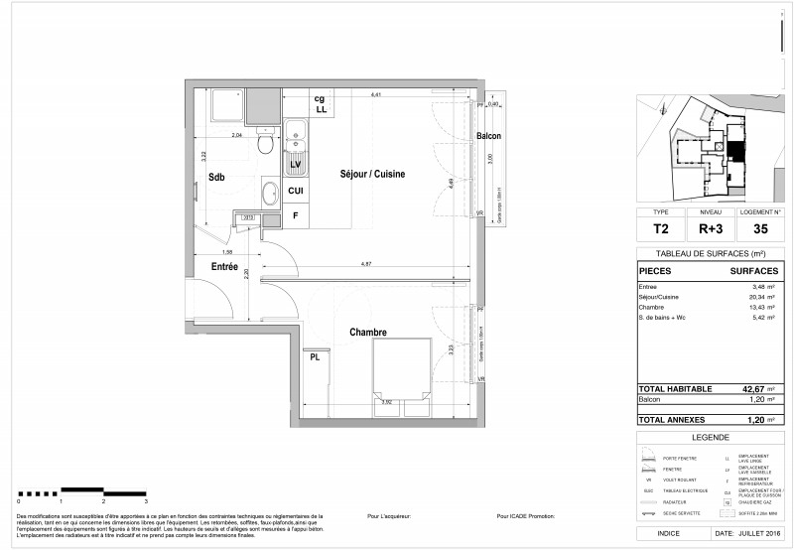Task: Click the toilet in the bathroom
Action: [264, 145]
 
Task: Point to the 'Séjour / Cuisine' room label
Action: [372, 174]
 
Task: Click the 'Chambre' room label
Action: [366, 333]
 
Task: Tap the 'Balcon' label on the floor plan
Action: [488, 135]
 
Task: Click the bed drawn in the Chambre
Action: [401, 367]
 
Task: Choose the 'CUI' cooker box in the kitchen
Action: [295, 191]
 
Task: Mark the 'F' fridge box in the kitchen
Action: [295, 215]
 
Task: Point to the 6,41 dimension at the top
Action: [376, 94]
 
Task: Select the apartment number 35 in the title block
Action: [760, 227]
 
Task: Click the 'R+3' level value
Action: [710, 227]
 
